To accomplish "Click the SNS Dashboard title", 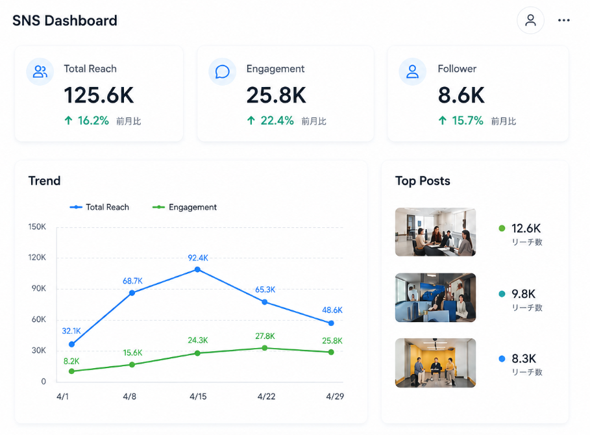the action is [x=65, y=21].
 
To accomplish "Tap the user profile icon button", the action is [x=530, y=20].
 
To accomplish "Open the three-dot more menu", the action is [x=563, y=20].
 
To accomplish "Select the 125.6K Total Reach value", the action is [x=99, y=95].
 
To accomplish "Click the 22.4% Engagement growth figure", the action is [x=277, y=120].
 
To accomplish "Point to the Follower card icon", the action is [x=412, y=71].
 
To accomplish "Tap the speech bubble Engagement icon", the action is [x=223, y=71].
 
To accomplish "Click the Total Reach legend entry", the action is [x=99, y=207].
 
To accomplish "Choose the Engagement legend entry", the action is [x=184, y=207].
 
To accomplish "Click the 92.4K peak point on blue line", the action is [x=197, y=269].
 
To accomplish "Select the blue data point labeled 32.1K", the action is [x=72, y=344].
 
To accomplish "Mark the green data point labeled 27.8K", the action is [x=265, y=348].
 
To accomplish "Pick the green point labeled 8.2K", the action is [x=72, y=371].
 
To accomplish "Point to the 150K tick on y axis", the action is [x=37, y=227].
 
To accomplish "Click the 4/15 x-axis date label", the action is [x=198, y=396].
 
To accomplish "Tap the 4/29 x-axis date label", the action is [x=335, y=396].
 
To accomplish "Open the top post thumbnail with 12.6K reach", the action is [x=436, y=232].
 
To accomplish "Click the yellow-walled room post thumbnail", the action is [x=436, y=363].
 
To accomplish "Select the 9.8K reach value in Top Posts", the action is [x=523, y=294].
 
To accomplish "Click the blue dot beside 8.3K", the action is [x=502, y=358].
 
